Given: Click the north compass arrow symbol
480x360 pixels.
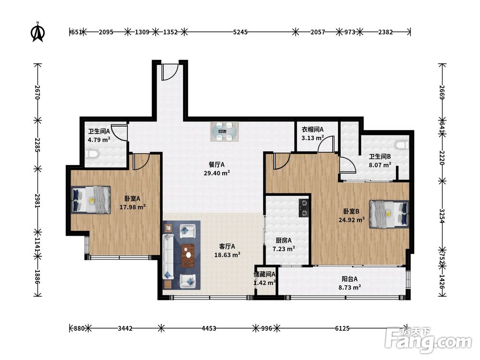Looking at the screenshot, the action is coord(38,32).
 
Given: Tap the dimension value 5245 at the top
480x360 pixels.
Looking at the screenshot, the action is coord(240,32).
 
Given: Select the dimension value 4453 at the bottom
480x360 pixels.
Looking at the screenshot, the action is coord(209,328).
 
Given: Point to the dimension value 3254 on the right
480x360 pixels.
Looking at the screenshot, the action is coord(442,216).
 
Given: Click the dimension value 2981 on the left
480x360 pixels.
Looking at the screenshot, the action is coord(37,201).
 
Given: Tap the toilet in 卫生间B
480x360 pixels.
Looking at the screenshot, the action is coord(402,145).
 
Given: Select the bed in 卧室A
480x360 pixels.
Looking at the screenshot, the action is coord(91,200).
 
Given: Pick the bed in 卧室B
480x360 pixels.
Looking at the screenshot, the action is coord(389,214).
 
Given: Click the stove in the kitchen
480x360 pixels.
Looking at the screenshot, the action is coord(304,208).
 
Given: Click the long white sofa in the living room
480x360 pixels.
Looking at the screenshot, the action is coord(168,256).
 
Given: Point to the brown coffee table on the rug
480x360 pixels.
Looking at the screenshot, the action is coord(188,255).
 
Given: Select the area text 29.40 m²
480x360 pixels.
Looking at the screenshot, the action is coord(217,173).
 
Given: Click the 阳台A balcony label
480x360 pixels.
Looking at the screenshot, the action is coord(349,279).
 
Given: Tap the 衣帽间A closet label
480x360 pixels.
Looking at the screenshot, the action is coord(312,130).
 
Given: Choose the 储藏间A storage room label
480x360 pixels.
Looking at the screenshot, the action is coord(264,275).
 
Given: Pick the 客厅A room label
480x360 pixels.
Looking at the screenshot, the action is coord(227,246).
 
